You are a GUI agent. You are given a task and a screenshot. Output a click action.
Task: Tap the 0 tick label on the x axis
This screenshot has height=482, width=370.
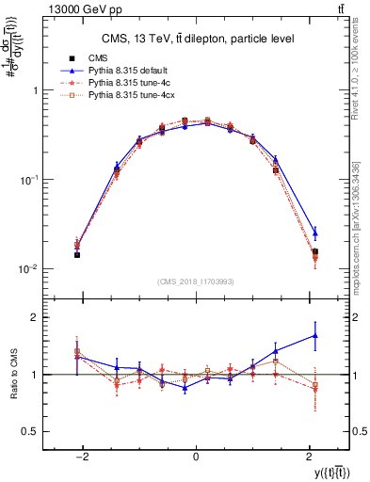(x=195, y=456)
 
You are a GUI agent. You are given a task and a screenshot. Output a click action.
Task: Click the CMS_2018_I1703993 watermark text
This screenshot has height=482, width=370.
(x=195, y=281)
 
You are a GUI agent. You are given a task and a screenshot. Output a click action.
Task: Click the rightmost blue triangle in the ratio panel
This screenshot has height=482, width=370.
(x=314, y=335)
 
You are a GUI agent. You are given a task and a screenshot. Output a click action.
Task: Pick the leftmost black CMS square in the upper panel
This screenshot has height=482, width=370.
(x=77, y=254)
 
